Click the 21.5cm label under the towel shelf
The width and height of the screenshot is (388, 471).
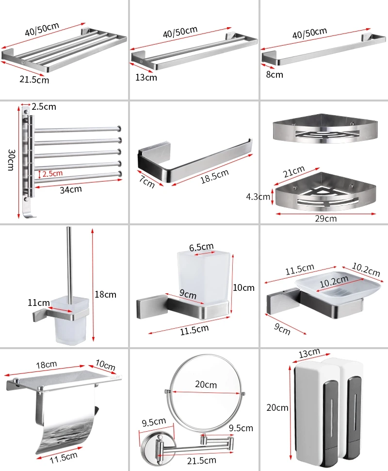[x=34, y=80]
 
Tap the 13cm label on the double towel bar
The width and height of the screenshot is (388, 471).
[x=146, y=78]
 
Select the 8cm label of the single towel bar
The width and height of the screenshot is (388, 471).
[x=275, y=74]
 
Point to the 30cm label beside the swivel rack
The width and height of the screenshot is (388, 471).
[x=11, y=160]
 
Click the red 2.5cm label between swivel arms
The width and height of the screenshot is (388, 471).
[x=52, y=173]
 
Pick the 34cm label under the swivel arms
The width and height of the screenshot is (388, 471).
[x=71, y=190]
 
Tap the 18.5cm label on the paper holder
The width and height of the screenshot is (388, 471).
[x=214, y=176]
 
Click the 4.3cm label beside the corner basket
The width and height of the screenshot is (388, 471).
[x=258, y=197]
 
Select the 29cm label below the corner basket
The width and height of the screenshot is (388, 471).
[x=326, y=219]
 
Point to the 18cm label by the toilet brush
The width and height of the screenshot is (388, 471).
[x=106, y=294]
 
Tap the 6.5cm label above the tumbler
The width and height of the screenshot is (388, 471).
[x=201, y=247]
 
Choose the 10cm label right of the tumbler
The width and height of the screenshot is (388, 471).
[x=243, y=288]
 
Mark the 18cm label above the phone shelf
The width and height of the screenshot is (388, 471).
[x=47, y=365]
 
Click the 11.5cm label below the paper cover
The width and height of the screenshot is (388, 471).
[x=64, y=458]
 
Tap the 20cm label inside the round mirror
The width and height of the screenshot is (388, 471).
[x=206, y=384]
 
